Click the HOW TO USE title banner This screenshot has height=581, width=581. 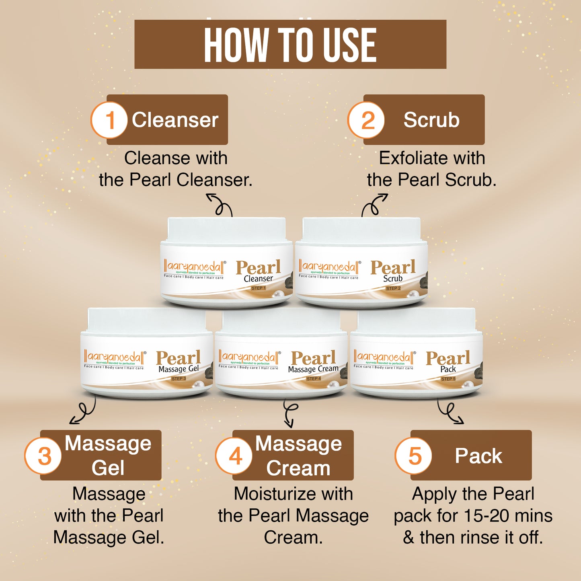coord(290,44)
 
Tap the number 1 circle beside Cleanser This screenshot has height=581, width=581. coord(109,120)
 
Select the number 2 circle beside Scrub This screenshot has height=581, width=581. coord(366,120)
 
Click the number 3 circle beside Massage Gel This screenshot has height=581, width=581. coord(43,456)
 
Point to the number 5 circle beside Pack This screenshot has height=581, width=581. coord(414,456)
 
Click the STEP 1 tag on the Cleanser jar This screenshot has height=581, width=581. coord(259,288)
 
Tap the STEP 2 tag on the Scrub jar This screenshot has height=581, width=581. coord(393,288)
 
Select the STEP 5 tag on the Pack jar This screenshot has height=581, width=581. coord(448,379)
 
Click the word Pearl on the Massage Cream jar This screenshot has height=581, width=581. coord(313,358)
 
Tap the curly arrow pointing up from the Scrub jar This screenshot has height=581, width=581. coord(374,205)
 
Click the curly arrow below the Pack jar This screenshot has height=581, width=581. coord(450,413)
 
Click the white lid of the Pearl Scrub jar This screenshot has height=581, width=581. coord(361,229)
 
